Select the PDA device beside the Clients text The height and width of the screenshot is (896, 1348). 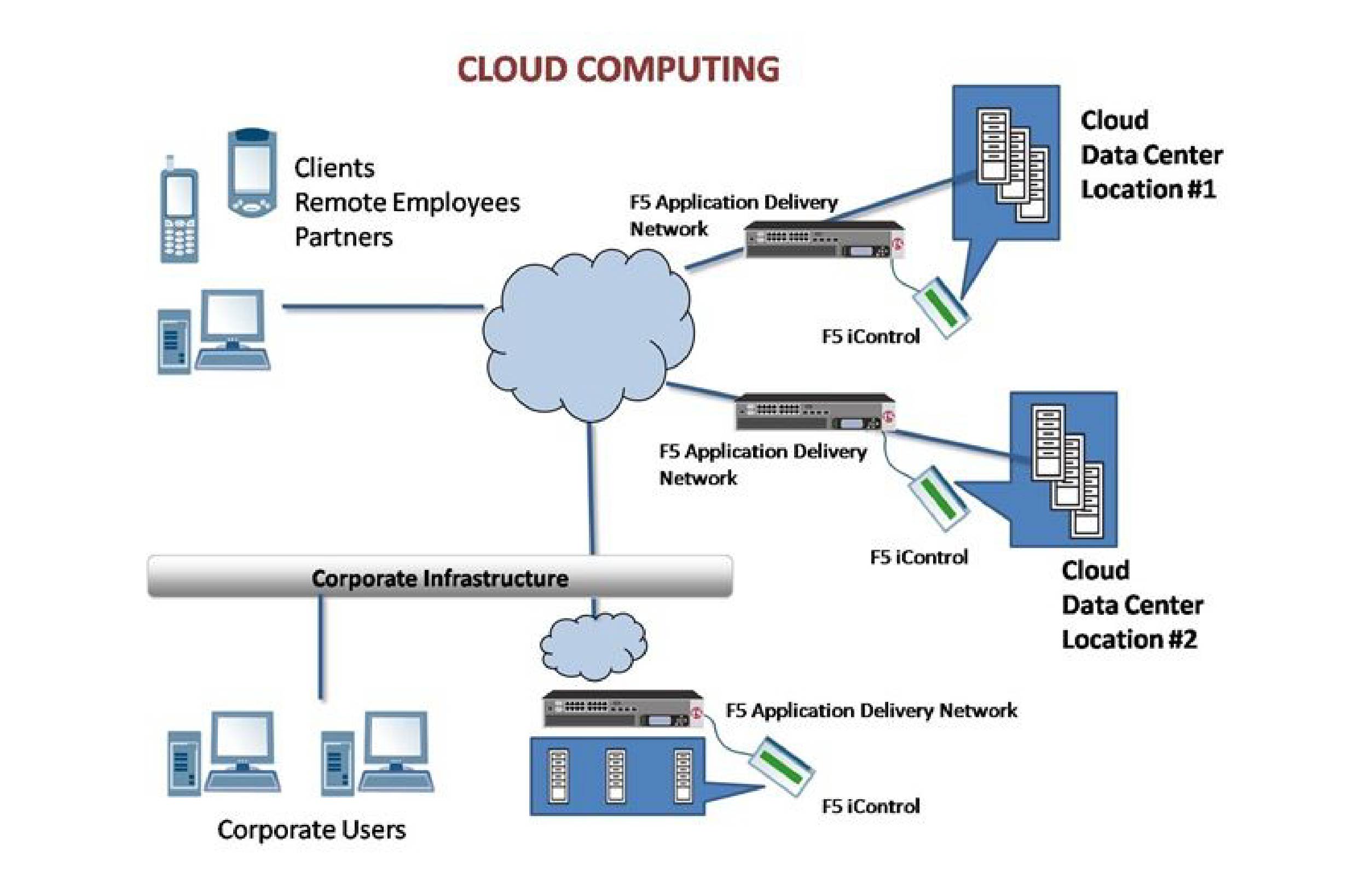[x=252, y=171]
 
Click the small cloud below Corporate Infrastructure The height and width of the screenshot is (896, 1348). [x=593, y=645]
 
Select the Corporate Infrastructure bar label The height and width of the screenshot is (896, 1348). [x=439, y=578]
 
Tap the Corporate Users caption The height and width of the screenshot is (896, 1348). [x=311, y=830]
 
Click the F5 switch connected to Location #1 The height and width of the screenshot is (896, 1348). [x=823, y=240]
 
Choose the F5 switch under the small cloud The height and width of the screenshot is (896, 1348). [x=622, y=709]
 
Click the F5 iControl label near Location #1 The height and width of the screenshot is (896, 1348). [x=870, y=336]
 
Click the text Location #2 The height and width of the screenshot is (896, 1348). [x=1129, y=639]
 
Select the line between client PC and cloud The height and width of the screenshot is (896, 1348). [x=383, y=307]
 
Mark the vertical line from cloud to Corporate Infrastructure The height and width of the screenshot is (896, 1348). [x=592, y=488]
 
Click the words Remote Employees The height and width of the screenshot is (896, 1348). [x=407, y=203]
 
